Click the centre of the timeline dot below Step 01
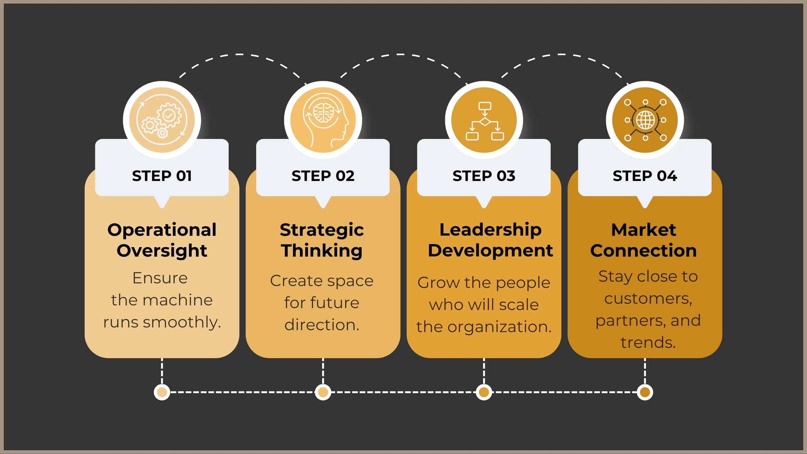point(162,392)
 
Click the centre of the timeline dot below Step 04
point(645,392)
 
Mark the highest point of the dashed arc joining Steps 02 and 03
point(400,54)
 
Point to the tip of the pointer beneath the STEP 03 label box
point(484,208)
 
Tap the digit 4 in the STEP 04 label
point(671,176)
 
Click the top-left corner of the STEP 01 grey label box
point(95,139)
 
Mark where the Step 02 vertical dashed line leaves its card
point(323,358)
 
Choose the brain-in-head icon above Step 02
point(323,120)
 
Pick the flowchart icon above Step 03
point(485,121)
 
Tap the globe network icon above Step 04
point(645,120)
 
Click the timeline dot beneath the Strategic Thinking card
point(323,392)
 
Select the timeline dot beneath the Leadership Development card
point(484,392)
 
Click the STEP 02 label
point(323,176)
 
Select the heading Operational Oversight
point(162,240)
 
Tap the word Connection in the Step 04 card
point(644,251)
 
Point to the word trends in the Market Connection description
point(648,343)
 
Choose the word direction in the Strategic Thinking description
point(322,325)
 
